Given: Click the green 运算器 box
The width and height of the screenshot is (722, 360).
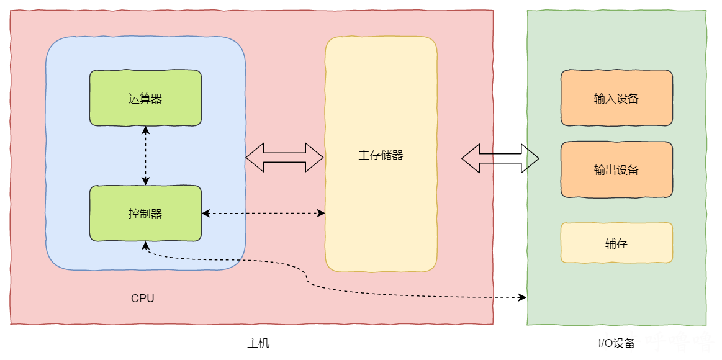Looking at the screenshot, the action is pyautogui.click(x=145, y=98).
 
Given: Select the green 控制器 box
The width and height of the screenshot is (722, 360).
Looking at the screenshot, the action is pyautogui.click(x=145, y=213).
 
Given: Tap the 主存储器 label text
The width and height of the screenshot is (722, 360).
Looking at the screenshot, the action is pyautogui.click(x=381, y=155).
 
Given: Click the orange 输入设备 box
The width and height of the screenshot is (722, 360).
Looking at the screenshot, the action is pyautogui.click(x=616, y=98).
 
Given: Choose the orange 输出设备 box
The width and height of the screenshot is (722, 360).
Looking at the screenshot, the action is pyautogui.click(x=616, y=169).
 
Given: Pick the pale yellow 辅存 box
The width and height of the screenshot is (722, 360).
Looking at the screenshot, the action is pyautogui.click(x=616, y=243).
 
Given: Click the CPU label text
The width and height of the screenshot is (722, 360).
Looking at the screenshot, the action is pyautogui.click(x=143, y=299).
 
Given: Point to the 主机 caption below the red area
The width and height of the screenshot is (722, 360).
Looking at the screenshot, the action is pyautogui.click(x=258, y=343).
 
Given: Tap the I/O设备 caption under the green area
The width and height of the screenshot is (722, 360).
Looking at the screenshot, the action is pyautogui.click(x=616, y=343).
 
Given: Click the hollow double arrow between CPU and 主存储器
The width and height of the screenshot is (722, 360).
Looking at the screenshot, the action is pyautogui.click(x=284, y=158).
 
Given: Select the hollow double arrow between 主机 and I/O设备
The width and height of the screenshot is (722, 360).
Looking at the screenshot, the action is pyautogui.click(x=500, y=158).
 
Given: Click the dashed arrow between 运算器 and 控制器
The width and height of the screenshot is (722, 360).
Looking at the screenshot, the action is pyautogui.click(x=145, y=156).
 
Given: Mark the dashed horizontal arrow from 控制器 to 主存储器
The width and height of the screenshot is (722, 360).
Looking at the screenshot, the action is pyautogui.click(x=263, y=213).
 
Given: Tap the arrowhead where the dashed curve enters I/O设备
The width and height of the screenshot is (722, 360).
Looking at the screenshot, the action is pyautogui.click(x=522, y=297).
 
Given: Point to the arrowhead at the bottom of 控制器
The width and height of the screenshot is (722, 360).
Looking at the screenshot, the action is pyautogui.click(x=145, y=245).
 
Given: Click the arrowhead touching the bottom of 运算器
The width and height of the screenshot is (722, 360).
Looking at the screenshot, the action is pyautogui.click(x=145, y=130).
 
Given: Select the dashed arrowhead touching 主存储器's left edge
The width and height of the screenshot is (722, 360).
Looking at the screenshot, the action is pyautogui.click(x=321, y=213).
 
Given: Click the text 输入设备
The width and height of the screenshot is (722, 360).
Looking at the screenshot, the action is pyautogui.click(x=616, y=99).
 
